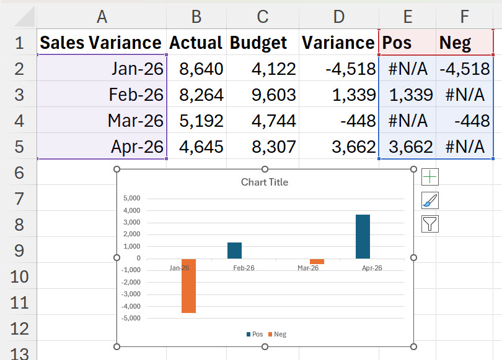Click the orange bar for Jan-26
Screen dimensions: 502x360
point(188,286)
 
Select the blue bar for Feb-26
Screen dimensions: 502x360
point(235,251)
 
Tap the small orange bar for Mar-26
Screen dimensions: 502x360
point(317,261)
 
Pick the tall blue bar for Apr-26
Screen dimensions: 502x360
point(363,236)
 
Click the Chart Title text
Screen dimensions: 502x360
point(265,182)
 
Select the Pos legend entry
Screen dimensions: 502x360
point(255,334)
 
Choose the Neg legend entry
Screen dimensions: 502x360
point(277,334)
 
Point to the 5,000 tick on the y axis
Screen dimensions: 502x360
point(131,198)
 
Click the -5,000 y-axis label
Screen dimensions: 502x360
point(131,318)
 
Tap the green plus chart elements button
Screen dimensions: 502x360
point(430,177)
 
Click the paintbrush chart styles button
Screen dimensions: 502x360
point(430,200)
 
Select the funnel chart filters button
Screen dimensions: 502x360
point(430,224)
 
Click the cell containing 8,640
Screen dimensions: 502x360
point(196,69)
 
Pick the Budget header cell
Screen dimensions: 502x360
point(263,43)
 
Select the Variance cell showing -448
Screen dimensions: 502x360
point(339,121)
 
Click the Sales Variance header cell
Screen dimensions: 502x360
point(102,43)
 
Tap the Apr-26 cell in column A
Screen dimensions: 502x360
point(102,147)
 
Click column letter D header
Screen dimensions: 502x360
point(339,17)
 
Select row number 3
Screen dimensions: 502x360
point(19,95)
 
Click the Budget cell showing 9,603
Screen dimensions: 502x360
point(263,95)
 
